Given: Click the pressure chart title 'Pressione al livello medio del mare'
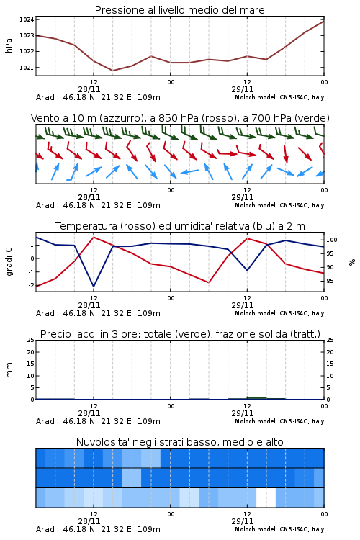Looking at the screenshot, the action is (179, 10).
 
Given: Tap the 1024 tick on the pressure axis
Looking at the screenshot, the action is (27, 19).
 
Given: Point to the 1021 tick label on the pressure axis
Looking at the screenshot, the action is (27, 68).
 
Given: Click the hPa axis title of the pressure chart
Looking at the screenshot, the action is (9, 45).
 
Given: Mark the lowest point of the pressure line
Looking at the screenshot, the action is (112, 71).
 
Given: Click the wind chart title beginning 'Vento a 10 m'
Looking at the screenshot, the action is (180, 118).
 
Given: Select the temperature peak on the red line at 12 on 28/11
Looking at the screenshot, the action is (94, 237).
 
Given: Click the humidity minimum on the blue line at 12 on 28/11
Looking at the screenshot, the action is (94, 286).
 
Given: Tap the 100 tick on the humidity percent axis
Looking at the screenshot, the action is (332, 240).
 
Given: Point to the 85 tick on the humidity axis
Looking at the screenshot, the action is (330, 281).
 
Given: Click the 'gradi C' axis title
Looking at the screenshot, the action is (9, 261).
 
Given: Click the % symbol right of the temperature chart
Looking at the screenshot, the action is (352, 262).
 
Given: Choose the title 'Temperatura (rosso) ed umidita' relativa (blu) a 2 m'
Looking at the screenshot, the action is (180, 226).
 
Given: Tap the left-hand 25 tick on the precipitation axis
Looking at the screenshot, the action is (31, 340).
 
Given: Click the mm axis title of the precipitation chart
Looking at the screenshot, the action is (9, 370).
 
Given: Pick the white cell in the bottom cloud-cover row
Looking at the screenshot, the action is (266, 498).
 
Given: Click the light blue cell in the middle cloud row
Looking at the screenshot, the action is (132, 477).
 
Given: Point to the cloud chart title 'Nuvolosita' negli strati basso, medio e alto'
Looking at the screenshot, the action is (179, 442).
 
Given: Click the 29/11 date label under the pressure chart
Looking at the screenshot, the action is (242, 89).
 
